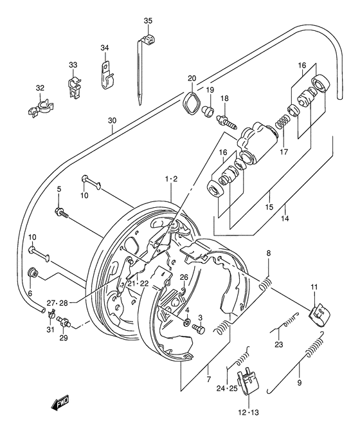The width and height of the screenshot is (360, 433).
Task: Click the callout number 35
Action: (148, 21)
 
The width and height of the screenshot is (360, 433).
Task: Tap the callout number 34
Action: (105, 47)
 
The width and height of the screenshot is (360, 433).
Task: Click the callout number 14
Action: (284, 219)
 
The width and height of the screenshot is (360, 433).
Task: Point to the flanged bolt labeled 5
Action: (62, 212)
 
